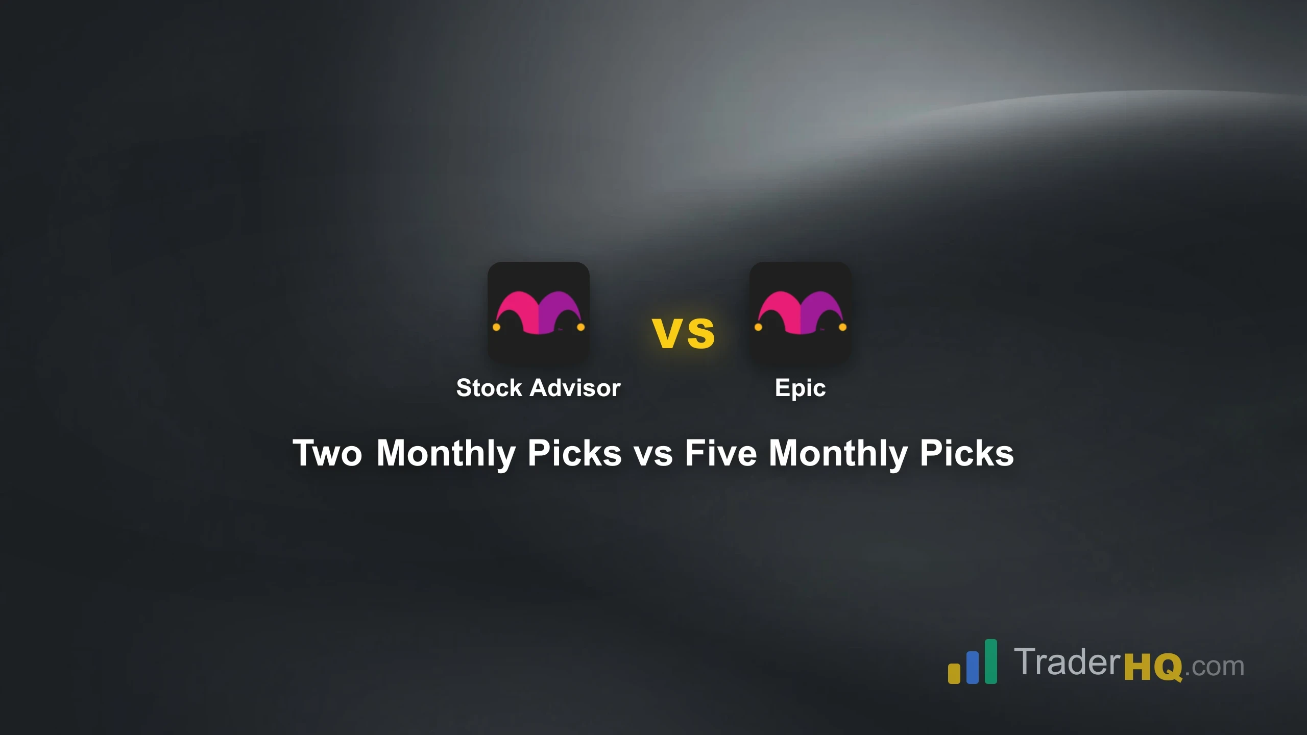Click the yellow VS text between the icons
[x=684, y=333]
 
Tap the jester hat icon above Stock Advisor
[x=538, y=312]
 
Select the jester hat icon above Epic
[x=800, y=312]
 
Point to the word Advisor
[x=575, y=388]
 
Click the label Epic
[x=800, y=388]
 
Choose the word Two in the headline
[x=327, y=453]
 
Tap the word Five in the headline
[x=720, y=453]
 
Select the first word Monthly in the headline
[x=446, y=453]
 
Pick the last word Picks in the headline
[x=966, y=453]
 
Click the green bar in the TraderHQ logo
[x=990, y=661]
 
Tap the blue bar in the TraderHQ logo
[x=972, y=667]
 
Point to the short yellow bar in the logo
[x=954, y=673]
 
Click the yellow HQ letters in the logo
[x=1153, y=666]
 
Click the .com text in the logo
[x=1214, y=667]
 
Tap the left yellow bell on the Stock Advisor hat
[x=496, y=327]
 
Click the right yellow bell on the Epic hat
[x=842, y=327]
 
